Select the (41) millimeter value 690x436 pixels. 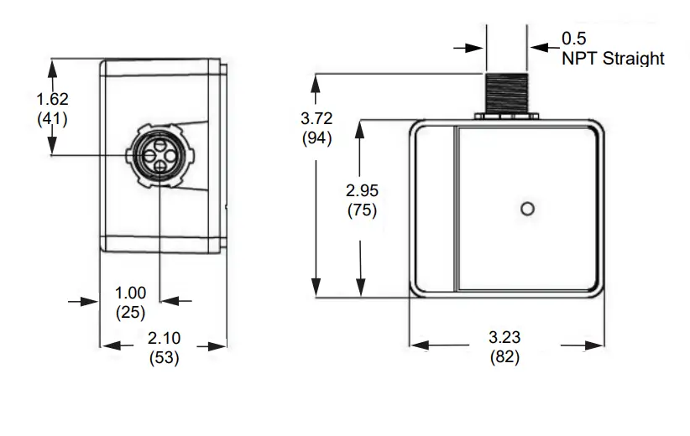coord(52,118)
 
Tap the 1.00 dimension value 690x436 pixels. coord(130,293)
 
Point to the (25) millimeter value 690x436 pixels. coord(130,312)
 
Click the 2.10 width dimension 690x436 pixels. coord(164,338)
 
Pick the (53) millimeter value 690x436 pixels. coord(164,357)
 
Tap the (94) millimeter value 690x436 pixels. coord(316,139)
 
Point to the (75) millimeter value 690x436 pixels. coord(362,210)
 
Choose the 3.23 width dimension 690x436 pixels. coord(504,338)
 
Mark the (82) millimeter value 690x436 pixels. coord(504,356)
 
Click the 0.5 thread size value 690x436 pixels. coord(573,39)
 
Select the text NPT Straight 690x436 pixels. coord(613,59)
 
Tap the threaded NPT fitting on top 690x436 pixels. coord(506,91)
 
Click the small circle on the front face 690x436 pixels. coord(527,208)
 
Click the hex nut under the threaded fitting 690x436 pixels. coord(506,114)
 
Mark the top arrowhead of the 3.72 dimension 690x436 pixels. coord(316,80)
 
